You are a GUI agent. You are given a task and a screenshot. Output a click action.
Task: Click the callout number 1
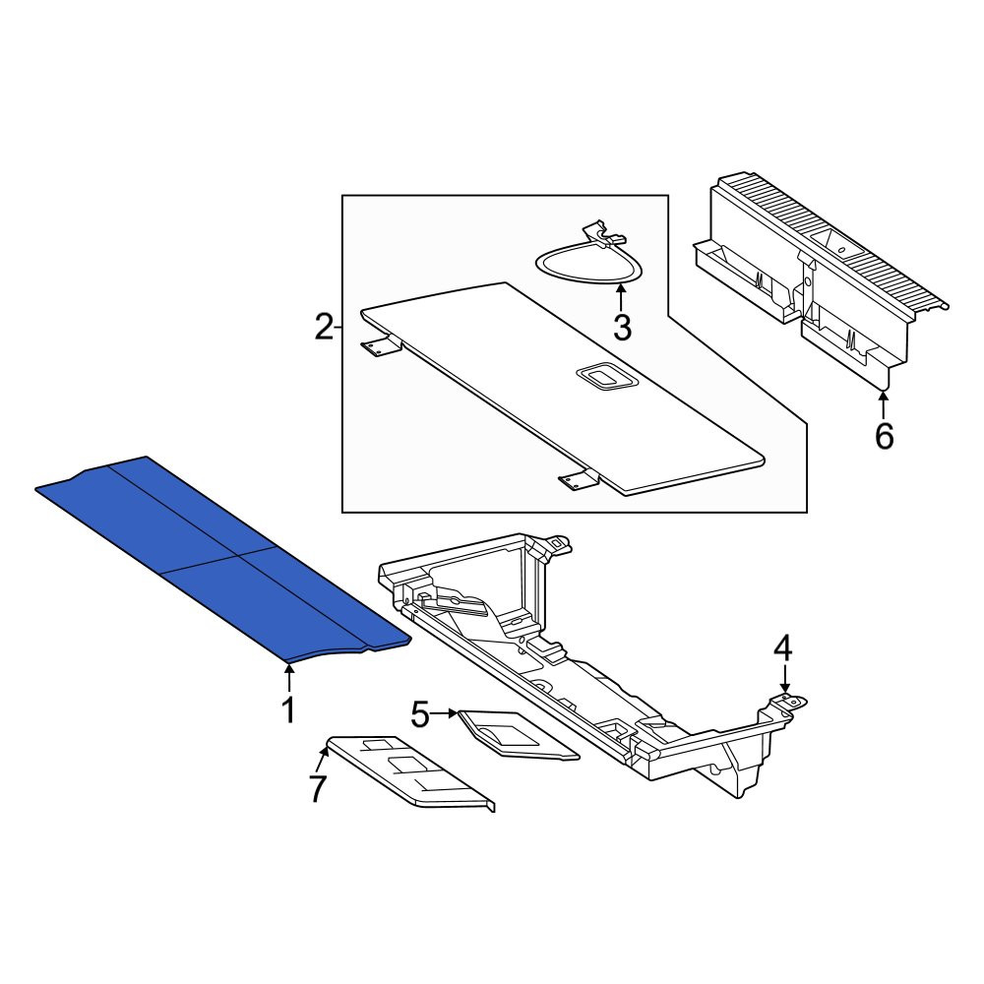point(288,709)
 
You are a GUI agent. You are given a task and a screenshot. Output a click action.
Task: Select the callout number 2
point(325,328)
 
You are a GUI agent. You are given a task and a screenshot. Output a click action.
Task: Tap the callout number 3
point(622,328)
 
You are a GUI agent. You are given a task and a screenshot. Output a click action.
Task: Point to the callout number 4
point(783,648)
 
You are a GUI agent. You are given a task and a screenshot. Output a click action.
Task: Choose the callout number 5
point(421,714)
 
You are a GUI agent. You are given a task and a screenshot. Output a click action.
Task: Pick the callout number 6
point(885,436)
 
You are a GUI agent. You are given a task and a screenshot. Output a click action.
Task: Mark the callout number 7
point(318,789)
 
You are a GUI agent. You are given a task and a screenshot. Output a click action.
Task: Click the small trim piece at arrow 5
point(519,735)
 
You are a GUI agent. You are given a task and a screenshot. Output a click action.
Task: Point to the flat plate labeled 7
point(411,771)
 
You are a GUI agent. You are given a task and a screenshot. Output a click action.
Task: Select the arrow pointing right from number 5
point(445,713)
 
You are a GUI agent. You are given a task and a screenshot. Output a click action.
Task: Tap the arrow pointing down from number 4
point(784,679)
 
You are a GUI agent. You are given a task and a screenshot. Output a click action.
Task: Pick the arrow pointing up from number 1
point(288,678)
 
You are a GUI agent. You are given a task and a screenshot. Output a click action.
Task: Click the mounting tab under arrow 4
point(788,702)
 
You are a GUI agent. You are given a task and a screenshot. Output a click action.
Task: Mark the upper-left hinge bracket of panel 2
point(381,345)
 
